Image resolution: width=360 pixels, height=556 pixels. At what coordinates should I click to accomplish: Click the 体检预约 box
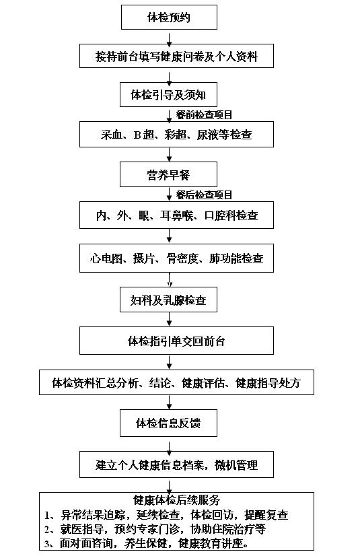169,17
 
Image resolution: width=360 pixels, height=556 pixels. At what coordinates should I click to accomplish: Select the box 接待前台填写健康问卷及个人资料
176,56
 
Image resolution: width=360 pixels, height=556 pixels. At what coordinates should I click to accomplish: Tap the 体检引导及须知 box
168,95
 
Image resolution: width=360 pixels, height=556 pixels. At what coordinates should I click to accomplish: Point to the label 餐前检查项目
204,114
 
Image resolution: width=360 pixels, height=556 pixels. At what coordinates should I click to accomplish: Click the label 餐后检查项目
204,195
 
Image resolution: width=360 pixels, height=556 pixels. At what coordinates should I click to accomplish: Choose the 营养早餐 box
168,174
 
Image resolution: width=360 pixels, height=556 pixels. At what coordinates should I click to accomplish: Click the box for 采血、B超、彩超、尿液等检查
176,135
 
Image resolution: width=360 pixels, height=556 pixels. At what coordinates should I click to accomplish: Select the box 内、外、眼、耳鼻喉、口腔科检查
176,215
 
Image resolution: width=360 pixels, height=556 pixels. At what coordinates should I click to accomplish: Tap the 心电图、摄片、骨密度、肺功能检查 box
176,258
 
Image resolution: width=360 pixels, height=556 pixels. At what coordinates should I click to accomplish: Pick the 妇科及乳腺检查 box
168,300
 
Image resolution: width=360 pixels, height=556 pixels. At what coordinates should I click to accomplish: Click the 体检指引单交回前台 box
176,341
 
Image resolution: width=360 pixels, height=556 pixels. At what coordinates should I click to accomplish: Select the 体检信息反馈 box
168,423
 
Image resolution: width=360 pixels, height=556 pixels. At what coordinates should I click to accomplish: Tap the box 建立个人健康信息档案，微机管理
176,464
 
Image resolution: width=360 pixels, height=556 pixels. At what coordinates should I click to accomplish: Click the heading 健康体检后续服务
176,499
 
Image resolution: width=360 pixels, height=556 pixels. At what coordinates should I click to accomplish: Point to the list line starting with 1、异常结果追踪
166,514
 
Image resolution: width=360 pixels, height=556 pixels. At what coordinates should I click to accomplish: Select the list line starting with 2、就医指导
155,529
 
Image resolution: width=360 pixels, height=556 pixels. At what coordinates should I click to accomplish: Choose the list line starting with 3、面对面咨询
146,543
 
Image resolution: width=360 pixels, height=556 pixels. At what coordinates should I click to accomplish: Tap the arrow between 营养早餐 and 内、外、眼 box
170,195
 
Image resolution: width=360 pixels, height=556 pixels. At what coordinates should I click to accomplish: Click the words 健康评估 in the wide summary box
203,383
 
